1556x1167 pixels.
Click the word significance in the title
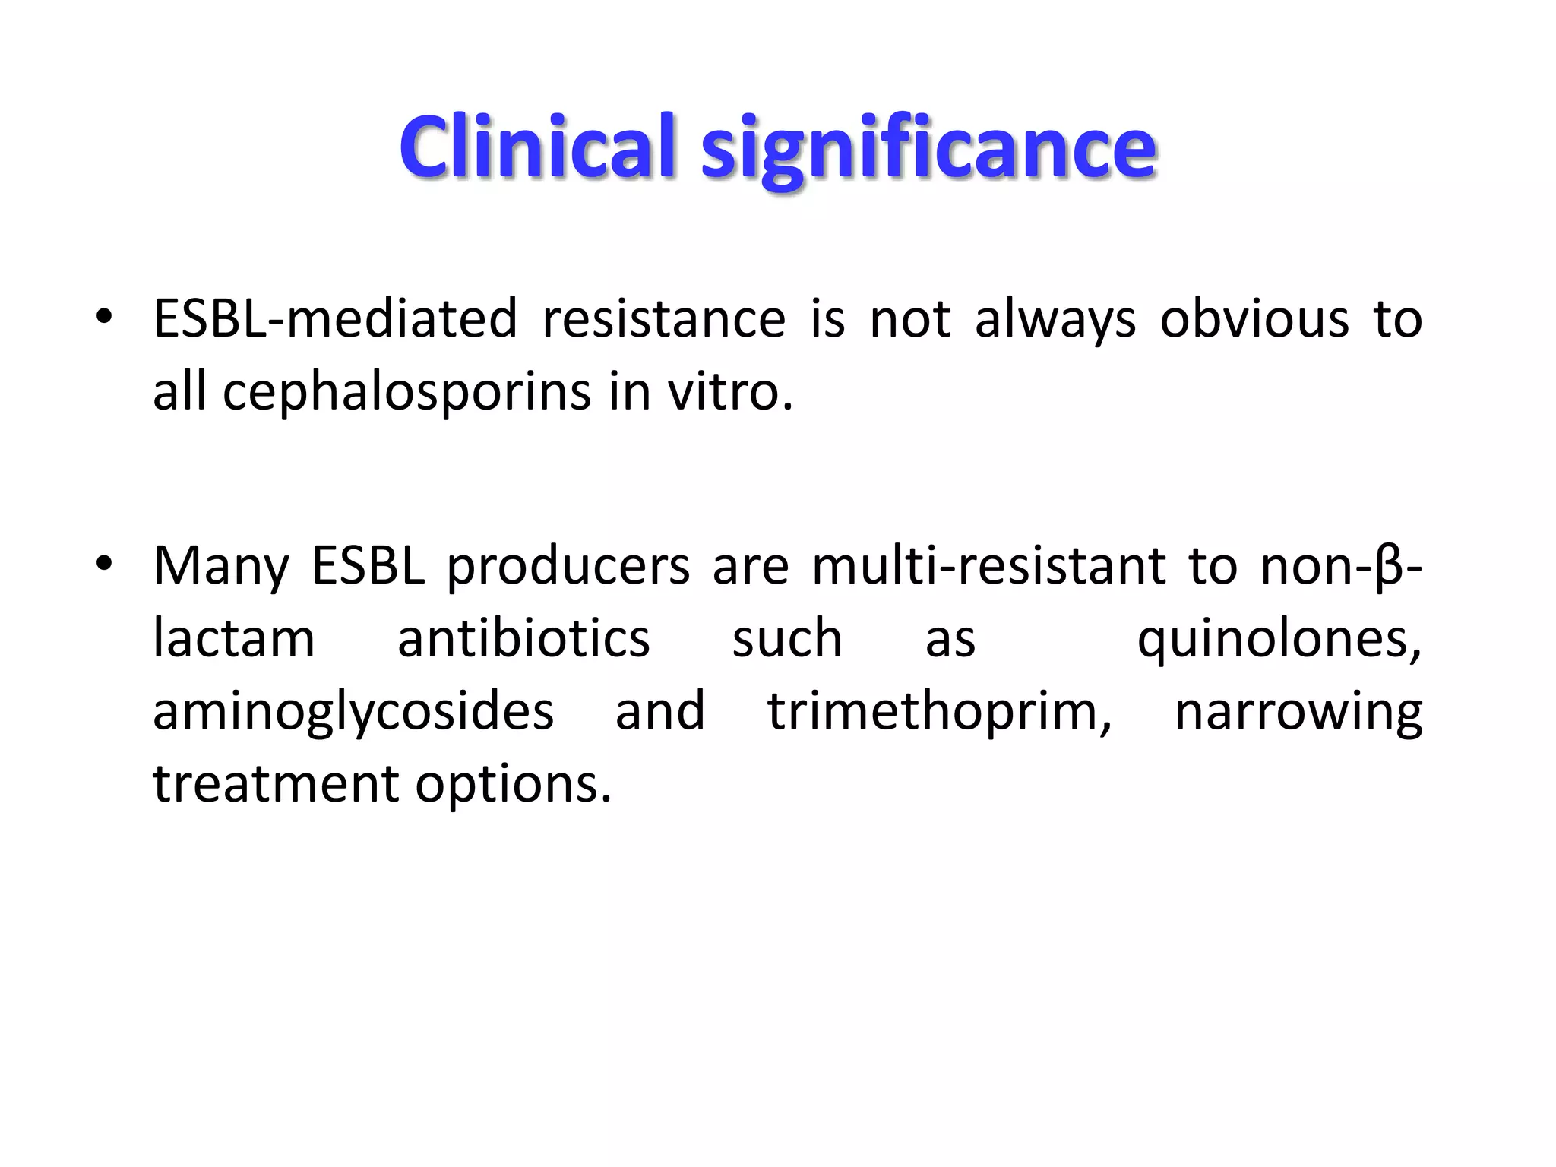pyautogui.click(x=928, y=149)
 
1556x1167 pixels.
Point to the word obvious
pyautogui.click(x=1254, y=318)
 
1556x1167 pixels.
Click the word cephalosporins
pyautogui.click(x=406, y=392)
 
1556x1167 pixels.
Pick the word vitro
pyautogui.click(x=729, y=392)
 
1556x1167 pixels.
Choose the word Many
pyautogui.click(x=221, y=567)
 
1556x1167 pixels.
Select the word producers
pyautogui.click(x=568, y=567)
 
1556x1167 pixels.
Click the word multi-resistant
pyautogui.click(x=988, y=565)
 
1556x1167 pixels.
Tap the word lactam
pyautogui.click(x=234, y=638)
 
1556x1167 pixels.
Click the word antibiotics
pyautogui.click(x=523, y=638)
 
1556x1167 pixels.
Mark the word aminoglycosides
pyautogui.click(x=353, y=713)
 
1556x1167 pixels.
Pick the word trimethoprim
pyautogui.click(x=939, y=711)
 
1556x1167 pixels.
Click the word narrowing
pyautogui.click(x=1298, y=713)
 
